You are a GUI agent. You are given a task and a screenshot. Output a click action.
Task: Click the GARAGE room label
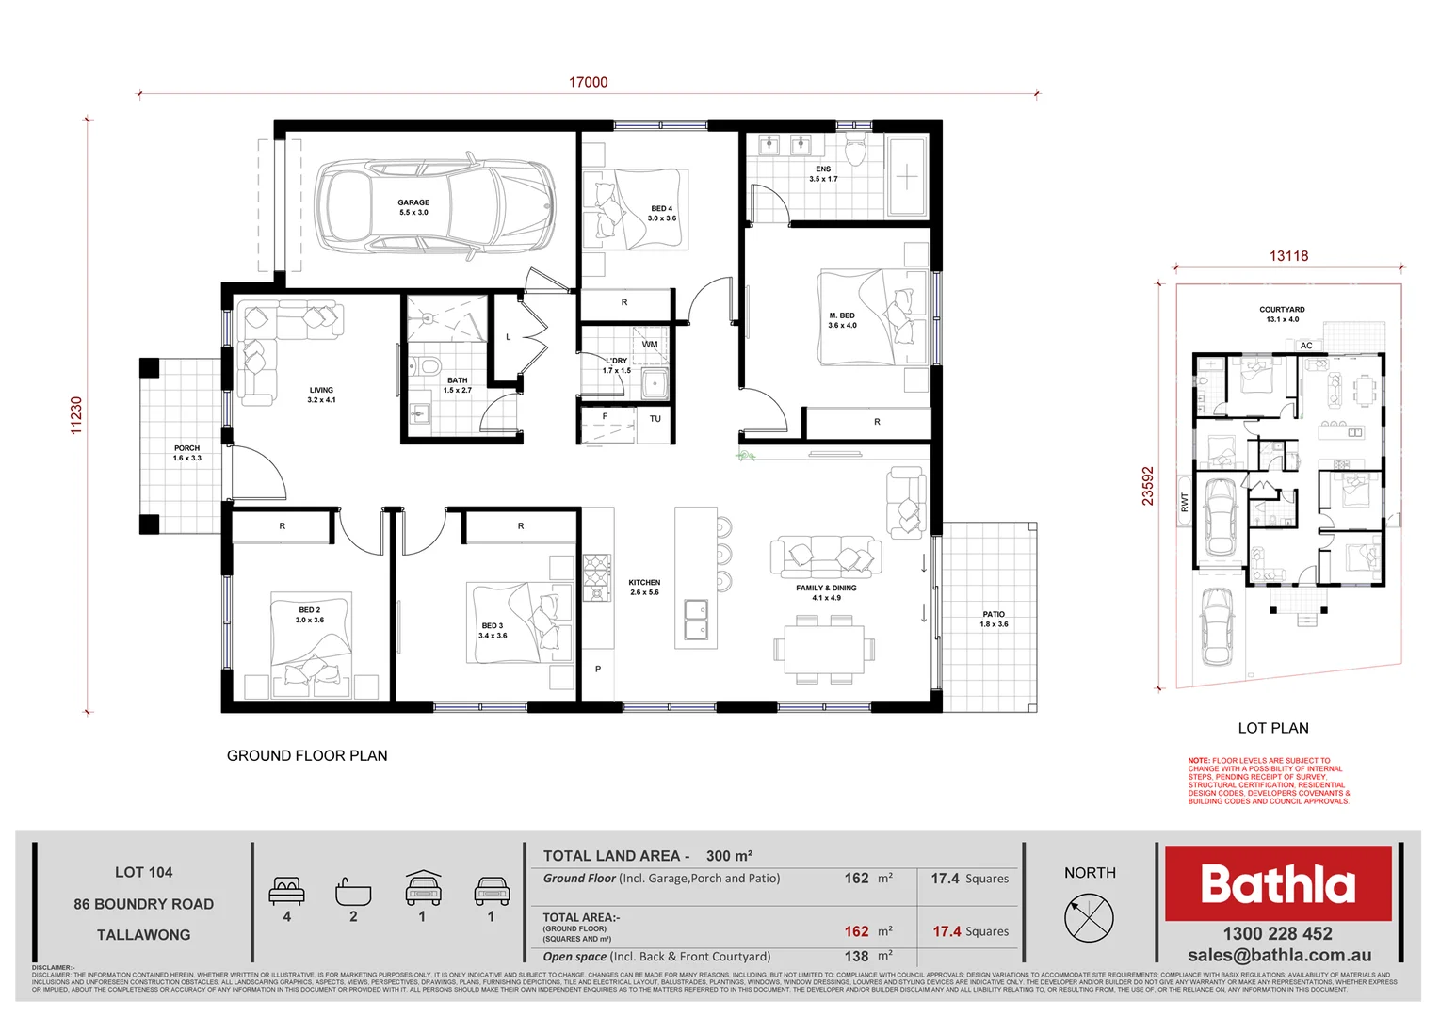pos(413,207)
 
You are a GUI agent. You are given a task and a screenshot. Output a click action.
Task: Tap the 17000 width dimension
pos(588,83)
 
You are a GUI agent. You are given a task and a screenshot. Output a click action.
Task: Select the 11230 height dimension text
pos(77,415)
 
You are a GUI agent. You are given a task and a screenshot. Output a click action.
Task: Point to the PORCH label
pos(186,453)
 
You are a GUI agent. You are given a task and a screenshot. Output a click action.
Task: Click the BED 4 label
pos(661,213)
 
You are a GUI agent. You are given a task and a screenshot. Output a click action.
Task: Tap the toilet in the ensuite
pos(855,151)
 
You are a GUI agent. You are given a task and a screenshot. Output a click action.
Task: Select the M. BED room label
pos(842,320)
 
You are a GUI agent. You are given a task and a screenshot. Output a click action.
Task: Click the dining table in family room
pos(825,649)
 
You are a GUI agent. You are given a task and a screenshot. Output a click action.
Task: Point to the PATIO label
pos(994,619)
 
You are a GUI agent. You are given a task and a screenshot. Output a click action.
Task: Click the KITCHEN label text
pos(644,587)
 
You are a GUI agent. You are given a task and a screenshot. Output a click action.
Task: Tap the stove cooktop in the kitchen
pos(596,577)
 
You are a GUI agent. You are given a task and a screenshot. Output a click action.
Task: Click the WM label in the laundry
pos(650,345)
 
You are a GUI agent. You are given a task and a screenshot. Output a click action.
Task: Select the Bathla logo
pos(1278,883)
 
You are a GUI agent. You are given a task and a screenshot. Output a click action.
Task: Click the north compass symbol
pos(1089,916)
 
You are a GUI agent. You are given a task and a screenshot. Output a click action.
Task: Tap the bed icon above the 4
pos(287,890)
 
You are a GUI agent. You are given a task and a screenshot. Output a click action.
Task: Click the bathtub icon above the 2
pos(353,891)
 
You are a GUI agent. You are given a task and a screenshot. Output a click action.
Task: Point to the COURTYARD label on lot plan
pos(1282,314)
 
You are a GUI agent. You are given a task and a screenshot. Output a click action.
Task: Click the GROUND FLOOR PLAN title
pos(307,755)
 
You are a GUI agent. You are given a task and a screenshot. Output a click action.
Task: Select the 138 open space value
pos(856,956)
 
